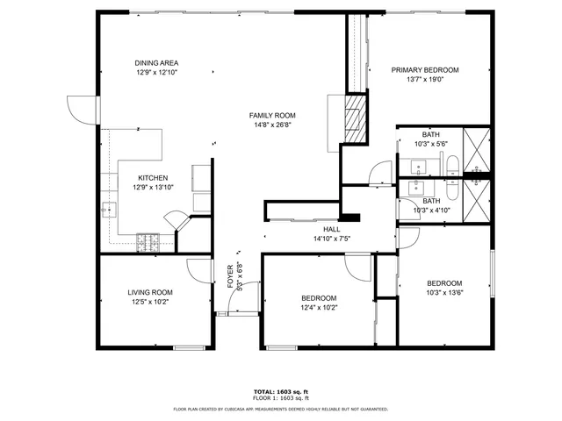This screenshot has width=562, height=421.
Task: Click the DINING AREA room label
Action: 156,62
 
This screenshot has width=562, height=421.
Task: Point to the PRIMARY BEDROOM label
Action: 425,70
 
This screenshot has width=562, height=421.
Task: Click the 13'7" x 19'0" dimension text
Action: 425,79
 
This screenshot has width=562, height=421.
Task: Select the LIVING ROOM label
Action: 150,292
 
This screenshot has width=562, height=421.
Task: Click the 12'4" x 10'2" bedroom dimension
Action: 319,307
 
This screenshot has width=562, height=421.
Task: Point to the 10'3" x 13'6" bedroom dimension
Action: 444,292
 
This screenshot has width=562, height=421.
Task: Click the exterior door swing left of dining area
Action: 81,109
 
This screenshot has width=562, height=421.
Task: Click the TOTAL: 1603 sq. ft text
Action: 281,392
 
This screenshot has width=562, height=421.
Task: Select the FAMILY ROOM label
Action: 271,115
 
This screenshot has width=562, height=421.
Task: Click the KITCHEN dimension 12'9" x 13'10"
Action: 154,187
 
